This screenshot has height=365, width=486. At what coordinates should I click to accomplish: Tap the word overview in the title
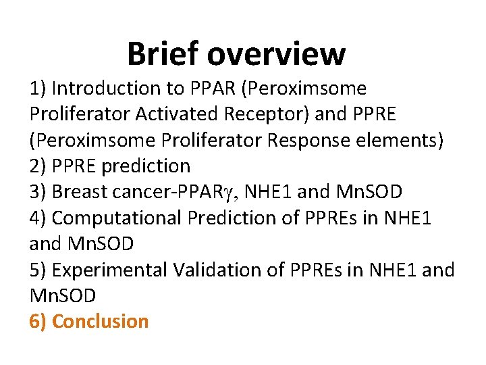(277, 54)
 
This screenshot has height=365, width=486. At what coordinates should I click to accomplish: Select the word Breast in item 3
(79, 192)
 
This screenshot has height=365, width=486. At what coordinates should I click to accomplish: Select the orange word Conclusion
(100, 321)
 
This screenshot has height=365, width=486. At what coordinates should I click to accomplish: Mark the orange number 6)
(38, 321)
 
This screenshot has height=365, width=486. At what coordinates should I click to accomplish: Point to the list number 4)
(38, 218)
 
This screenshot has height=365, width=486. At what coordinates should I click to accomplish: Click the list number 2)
(38, 166)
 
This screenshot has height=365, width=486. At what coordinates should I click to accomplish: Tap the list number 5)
(38, 270)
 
